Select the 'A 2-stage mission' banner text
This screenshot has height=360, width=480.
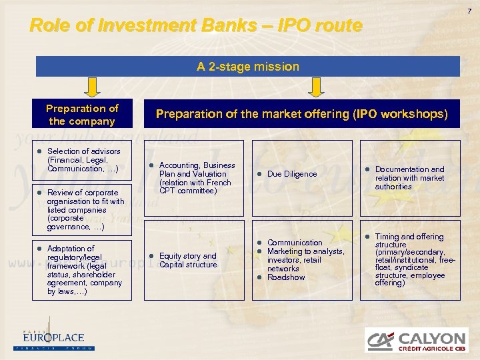(247, 67)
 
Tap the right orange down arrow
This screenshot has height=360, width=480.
(314, 87)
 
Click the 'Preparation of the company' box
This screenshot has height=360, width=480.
(82, 115)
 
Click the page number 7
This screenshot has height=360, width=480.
(469, 11)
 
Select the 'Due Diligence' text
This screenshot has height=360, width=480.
(292, 174)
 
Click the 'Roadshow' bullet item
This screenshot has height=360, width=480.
(286, 277)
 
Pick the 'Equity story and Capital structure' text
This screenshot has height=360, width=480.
(188, 260)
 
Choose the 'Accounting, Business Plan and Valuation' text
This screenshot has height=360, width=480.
(195, 178)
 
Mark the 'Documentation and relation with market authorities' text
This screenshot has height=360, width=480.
(409, 178)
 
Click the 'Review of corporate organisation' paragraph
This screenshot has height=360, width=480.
(85, 209)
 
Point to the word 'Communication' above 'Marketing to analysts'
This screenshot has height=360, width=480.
(295, 243)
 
